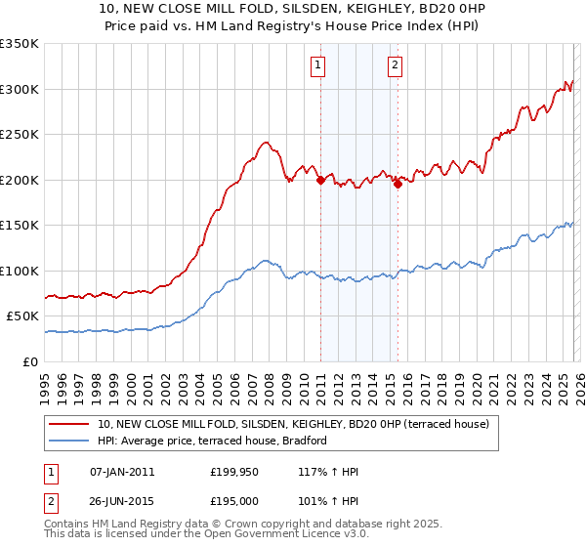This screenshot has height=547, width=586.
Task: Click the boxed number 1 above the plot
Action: click(x=319, y=65)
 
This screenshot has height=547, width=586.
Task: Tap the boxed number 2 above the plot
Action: click(x=395, y=65)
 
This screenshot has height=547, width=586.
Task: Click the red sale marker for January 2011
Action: click(x=320, y=179)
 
